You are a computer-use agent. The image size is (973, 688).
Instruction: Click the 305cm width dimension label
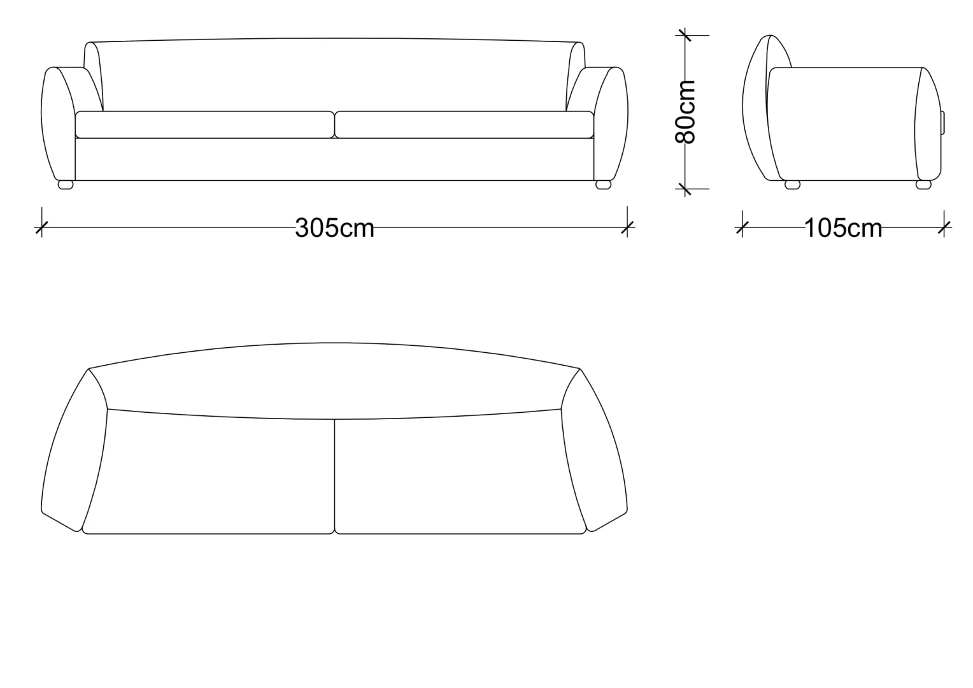point(334,227)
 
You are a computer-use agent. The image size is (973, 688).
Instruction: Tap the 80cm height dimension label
point(685,111)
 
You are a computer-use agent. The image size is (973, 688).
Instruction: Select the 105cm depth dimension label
point(843,228)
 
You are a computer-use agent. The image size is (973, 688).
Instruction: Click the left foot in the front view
point(66,185)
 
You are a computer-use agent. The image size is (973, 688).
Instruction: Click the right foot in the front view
point(603,185)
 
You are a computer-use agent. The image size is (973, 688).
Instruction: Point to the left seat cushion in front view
point(205,125)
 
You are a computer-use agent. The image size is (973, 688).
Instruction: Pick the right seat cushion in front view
point(464,125)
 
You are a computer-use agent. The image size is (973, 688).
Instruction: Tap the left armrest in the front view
point(59,124)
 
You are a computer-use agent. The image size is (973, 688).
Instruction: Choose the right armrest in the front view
point(610,124)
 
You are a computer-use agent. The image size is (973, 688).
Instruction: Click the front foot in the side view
point(792,185)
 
